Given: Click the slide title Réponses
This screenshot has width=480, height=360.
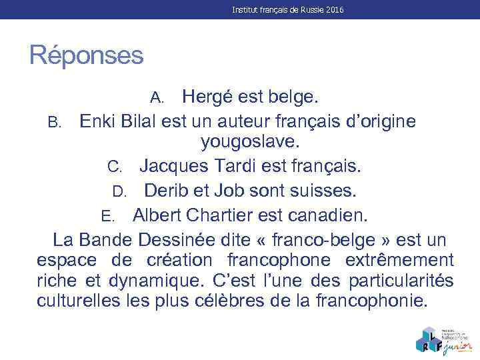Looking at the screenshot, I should click(86, 55).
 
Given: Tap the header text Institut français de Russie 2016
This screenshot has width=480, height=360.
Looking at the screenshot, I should click(287, 11).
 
